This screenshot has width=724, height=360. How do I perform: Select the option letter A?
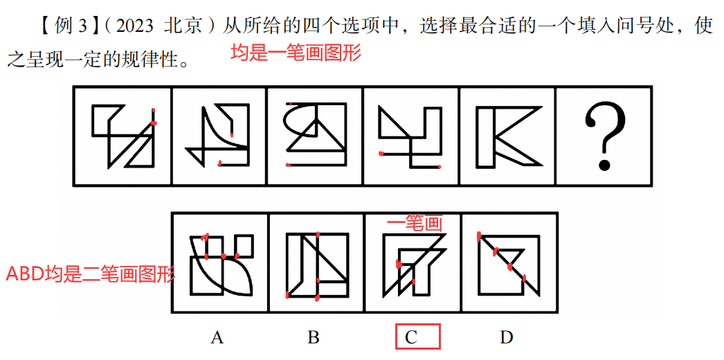click(x=217, y=338)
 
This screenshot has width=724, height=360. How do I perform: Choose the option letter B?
click(x=314, y=338)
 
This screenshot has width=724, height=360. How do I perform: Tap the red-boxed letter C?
click(x=411, y=338)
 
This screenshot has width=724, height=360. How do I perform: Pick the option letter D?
click(x=507, y=338)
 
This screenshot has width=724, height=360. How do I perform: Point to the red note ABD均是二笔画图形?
click(x=90, y=275)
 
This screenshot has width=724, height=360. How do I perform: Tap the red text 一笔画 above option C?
click(x=414, y=224)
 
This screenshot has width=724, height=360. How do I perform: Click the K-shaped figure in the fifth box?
click(x=509, y=136)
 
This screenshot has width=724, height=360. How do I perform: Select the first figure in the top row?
click(x=123, y=136)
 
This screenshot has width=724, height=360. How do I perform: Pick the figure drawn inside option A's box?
click(x=221, y=265)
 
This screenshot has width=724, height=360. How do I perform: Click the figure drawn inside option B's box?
click(x=317, y=265)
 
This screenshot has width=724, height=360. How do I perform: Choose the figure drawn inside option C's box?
click(x=414, y=265)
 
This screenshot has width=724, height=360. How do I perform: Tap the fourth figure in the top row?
click(x=410, y=136)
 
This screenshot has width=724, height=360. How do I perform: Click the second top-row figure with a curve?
click(x=217, y=135)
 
